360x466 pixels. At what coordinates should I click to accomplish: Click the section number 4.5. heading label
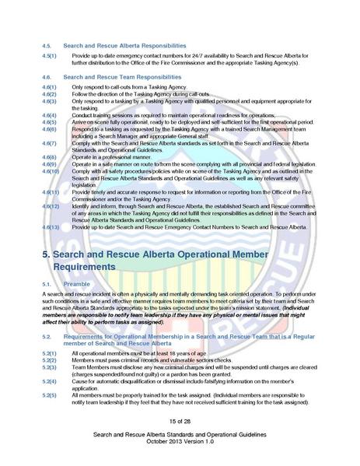coord(47,45)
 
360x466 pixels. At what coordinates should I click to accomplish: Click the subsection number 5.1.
coord(47,284)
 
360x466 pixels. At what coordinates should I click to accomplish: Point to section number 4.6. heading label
coord(47,77)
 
